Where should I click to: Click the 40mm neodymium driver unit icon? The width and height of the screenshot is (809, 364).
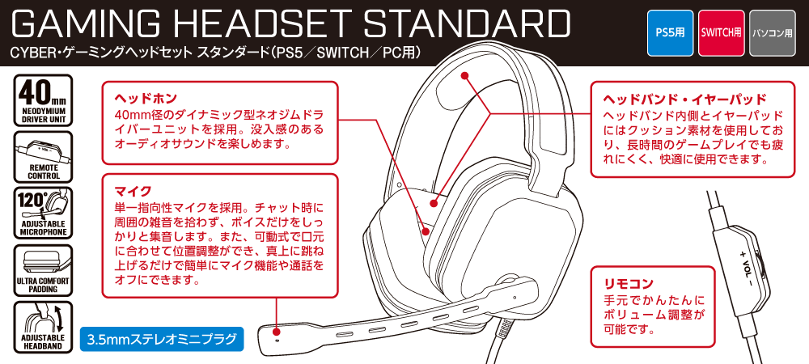point(43,99)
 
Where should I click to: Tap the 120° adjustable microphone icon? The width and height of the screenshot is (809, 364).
point(43,213)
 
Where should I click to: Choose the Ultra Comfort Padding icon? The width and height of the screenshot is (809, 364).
point(43,270)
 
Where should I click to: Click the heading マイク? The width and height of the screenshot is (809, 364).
point(129,191)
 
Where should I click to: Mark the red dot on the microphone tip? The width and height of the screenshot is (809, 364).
point(277,330)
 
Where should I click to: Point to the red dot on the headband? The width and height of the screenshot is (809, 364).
point(465,76)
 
